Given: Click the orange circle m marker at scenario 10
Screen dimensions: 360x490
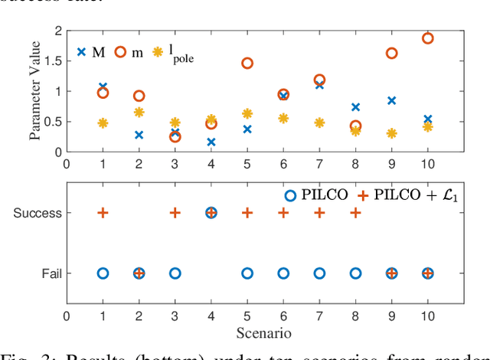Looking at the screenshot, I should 427,38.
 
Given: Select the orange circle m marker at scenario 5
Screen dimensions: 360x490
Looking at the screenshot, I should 247,63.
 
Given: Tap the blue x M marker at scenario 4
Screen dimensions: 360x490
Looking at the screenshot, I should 211,142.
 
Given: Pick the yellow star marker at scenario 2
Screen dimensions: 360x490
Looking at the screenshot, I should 139,112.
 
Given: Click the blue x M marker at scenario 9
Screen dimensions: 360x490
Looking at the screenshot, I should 391,100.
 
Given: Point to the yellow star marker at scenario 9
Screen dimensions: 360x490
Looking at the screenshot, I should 391,133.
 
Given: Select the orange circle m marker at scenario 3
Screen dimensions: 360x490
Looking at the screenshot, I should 175,136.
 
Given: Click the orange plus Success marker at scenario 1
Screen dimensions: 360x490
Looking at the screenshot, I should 103,213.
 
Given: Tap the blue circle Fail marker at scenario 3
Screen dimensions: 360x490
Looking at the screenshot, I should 175,273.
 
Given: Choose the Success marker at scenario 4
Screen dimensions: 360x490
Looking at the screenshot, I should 211,213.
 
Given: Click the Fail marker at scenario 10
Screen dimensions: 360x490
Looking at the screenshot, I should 427,273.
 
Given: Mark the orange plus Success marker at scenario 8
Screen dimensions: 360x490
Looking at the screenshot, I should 355,213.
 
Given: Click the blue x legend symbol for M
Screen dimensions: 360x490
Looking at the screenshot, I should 81,52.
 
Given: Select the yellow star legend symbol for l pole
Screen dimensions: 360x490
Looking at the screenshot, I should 158,52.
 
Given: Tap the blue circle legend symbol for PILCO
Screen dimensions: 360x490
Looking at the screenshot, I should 289,195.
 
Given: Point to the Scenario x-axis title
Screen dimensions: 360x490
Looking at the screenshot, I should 265,333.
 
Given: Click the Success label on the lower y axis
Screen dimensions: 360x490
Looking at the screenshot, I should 38,213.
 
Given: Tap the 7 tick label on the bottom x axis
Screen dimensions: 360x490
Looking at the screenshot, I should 319,316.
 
